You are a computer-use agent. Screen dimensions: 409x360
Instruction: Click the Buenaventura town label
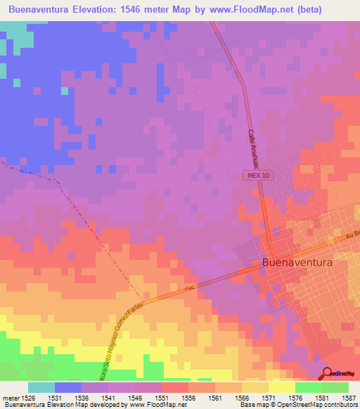coord(305,262)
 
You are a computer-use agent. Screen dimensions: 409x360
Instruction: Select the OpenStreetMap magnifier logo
coord(328,373)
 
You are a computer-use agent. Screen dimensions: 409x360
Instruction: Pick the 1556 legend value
coord(188,398)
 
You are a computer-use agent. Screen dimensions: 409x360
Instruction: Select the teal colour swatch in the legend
coord(41,387)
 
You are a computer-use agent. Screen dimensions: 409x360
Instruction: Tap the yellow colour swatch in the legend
coord(282,387)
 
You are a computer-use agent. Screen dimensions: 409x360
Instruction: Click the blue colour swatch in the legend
coord(68,387)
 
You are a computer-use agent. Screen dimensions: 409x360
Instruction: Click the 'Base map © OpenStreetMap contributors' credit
coord(298,405)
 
